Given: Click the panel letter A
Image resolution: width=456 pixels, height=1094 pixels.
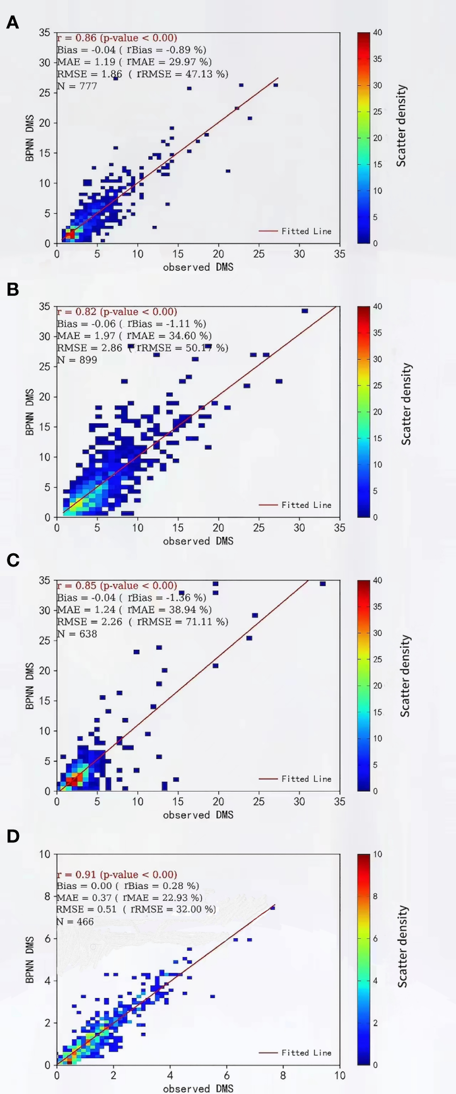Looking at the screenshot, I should [12, 23].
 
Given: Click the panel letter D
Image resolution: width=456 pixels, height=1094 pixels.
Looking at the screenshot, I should [12, 837].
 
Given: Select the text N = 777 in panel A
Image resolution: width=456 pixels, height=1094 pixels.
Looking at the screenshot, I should [77, 86].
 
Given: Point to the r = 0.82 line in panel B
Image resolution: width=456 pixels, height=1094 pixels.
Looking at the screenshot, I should [117, 312].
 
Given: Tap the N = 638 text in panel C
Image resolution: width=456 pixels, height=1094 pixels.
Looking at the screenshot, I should [77, 633].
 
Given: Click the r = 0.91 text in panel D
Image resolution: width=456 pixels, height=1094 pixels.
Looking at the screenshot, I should [117, 874].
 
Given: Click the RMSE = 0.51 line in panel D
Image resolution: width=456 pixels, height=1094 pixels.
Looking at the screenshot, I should [136, 909].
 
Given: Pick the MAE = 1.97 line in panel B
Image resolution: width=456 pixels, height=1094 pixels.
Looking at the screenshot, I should [134, 336].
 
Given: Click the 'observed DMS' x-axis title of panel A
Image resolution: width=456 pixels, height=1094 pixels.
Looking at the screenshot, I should [198, 267].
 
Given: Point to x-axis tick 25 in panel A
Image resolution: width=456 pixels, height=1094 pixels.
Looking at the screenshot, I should [259, 254].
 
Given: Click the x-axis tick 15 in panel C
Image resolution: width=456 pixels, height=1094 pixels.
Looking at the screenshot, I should [178, 801].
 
